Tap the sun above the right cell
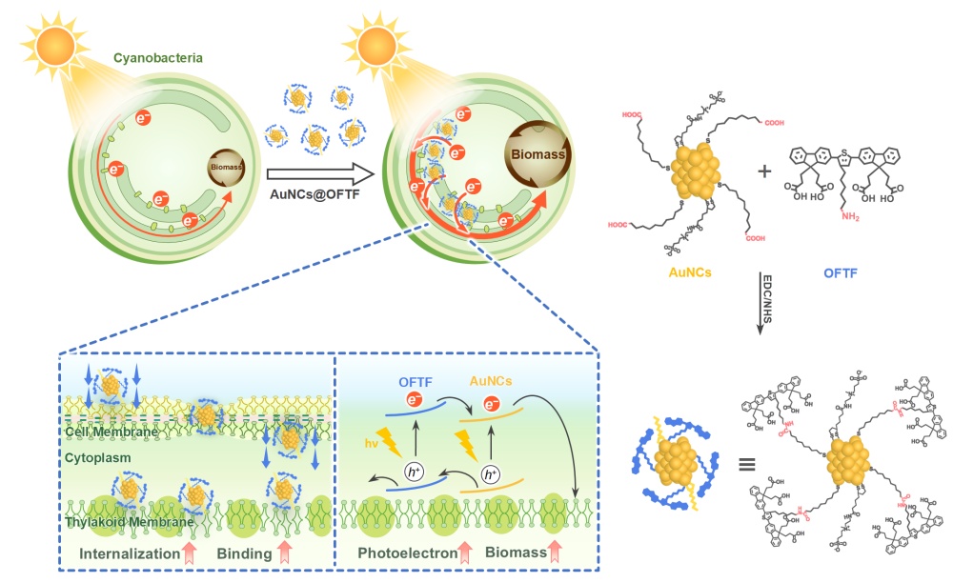tap(378, 44)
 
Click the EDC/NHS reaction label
tap(773, 294)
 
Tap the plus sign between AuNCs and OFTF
tap(763, 171)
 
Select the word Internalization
tap(130, 553)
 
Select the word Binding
tap(243, 553)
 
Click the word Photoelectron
tap(405, 553)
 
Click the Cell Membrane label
tap(112, 432)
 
